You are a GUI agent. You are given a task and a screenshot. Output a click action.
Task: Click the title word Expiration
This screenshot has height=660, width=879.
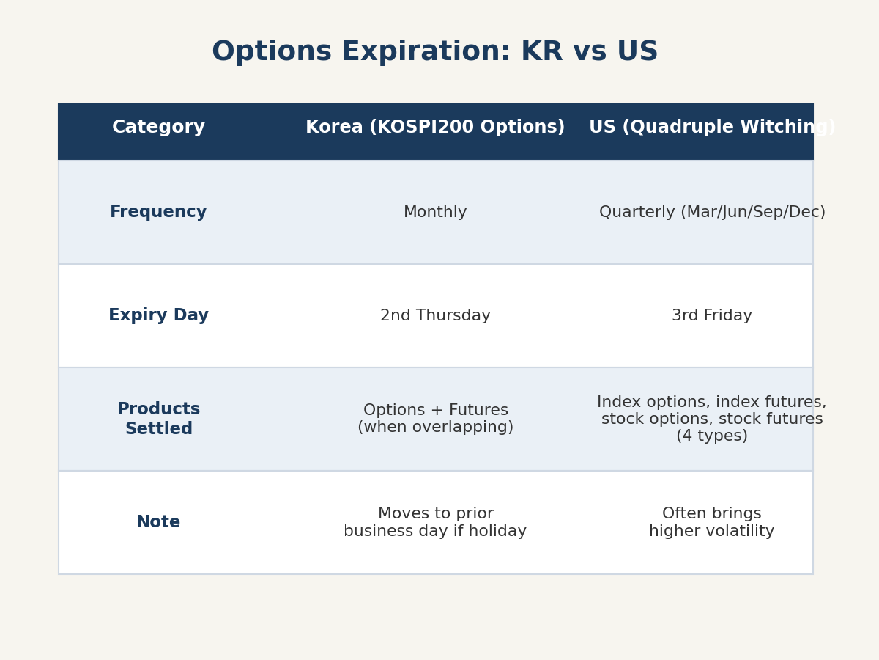[x=426, y=51]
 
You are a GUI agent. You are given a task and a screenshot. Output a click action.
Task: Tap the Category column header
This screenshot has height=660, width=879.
[x=158, y=128]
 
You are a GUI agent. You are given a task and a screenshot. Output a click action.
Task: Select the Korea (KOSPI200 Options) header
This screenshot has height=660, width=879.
[x=435, y=127]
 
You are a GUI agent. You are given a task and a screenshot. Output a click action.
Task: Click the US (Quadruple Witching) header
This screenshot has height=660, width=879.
[x=712, y=127]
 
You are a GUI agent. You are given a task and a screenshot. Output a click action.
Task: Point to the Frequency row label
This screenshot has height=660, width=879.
[x=158, y=212]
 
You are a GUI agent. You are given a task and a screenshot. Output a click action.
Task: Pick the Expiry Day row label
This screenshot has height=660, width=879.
[x=158, y=315]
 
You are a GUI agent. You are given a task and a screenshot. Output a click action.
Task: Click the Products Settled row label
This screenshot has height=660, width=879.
[x=158, y=419]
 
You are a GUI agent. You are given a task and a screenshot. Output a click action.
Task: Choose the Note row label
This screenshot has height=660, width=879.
[x=158, y=521]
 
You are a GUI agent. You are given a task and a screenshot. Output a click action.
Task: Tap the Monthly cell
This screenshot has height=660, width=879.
[x=435, y=212]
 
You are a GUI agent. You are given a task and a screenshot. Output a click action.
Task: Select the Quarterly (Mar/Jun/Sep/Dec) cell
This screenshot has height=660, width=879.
[x=712, y=212]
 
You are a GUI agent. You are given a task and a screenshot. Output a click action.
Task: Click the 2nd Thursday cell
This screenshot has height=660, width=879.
[x=435, y=315]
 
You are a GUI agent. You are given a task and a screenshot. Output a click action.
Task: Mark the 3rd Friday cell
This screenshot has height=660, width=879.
[x=712, y=315]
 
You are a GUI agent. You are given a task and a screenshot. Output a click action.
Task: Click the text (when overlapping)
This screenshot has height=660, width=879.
[x=435, y=427]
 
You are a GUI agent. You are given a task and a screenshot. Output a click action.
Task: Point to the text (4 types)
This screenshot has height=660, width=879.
[x=712, y=436]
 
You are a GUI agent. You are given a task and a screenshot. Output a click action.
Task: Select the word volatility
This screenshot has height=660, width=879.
[x=736, y=531]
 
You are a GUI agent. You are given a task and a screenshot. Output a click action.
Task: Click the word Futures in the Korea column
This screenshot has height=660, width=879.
[x=478, y=410]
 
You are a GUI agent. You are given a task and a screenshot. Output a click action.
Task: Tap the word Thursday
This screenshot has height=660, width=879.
[x=453, y=315]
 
